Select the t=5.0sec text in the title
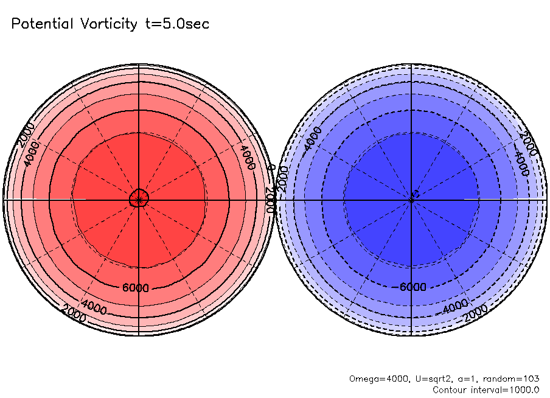176,24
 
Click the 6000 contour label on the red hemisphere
135,288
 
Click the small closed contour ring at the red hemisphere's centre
139,198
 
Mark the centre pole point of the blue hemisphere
412,199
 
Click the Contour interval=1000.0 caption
486,389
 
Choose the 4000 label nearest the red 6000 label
93,307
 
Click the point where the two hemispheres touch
276,199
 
